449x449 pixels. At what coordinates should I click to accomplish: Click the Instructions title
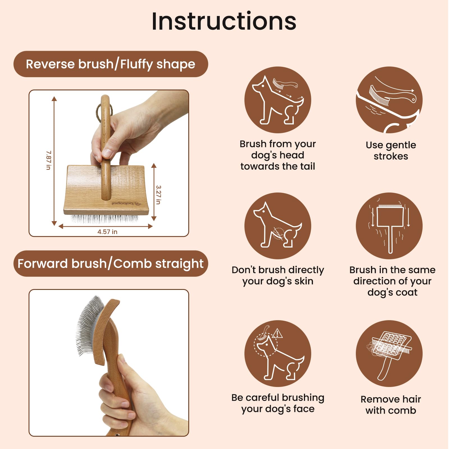[224, 21]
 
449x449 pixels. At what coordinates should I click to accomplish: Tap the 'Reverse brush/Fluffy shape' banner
[111, 64]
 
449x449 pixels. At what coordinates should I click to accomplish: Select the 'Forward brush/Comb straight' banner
[111, 264]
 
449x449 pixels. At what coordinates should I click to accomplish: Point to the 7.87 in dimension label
[49, 160]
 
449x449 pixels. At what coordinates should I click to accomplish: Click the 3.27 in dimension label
[159, 194]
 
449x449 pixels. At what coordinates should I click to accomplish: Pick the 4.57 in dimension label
[107, 232]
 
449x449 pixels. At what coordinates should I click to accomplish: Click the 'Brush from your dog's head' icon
[278, 100]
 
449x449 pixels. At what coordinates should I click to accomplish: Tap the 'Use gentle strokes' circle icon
[389, 100]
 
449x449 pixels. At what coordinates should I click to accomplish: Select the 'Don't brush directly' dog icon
[278, 226]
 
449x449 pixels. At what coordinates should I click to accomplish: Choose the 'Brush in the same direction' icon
[389, 226]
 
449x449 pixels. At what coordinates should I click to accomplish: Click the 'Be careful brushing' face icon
[278, 354]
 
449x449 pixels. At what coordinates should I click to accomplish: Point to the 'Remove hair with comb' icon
[389, 354]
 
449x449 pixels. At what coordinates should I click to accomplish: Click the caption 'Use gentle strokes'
[391, 150]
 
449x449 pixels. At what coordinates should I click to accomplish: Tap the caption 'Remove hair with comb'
[391, 405]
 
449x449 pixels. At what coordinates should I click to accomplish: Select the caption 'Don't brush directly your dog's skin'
[278, 276]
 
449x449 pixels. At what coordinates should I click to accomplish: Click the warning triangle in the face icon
[277, 333]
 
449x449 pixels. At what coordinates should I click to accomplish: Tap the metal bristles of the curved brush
[88, 326]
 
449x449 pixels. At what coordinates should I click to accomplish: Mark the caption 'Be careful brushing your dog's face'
[278, 403]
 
